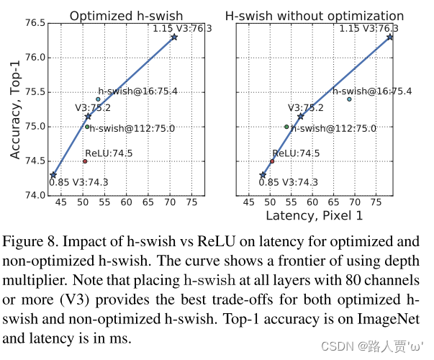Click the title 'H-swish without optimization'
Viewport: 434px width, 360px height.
[315, 15]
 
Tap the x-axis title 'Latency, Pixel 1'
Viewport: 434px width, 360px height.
[315, 215]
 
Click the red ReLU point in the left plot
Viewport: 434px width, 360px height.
[85, 161]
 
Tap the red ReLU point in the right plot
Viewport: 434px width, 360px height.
[272, 161]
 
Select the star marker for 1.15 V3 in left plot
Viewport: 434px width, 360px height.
[174, 37]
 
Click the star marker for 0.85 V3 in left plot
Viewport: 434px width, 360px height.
[53, 174]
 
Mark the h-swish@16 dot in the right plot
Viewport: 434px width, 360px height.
[349, 99]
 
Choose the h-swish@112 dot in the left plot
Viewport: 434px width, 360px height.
[87, 127]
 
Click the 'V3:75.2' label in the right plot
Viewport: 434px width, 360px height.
[306, 108]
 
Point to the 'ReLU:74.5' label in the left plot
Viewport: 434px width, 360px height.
[109, 153]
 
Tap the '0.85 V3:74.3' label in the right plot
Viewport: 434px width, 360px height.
[287, 182]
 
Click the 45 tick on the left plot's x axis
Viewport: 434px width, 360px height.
[60, 202]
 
